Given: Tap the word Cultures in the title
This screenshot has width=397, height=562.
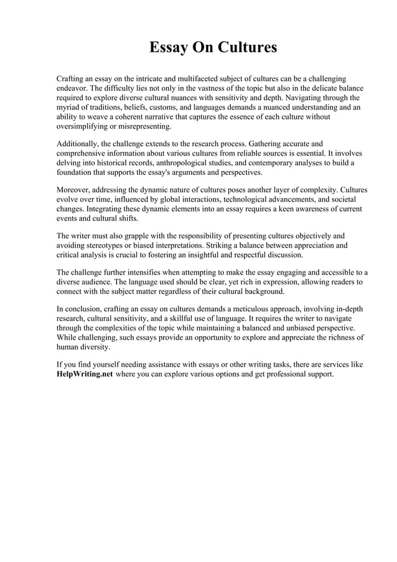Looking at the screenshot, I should pyautogui.click(x=246, y=48).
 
